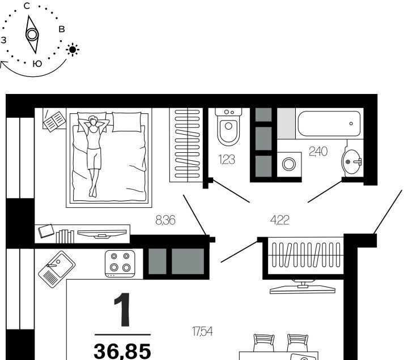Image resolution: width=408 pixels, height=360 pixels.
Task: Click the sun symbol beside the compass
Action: click(x=73, y=50)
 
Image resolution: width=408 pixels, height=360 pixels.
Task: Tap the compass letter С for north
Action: click(x=27, y=6)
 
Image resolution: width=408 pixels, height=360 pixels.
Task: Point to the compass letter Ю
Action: click(x=37, y=64)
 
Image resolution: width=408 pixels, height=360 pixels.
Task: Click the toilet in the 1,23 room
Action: click(x=228, y=127)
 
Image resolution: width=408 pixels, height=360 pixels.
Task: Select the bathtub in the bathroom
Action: click(x=329, y=123)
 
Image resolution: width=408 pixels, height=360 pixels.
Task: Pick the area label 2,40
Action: click(x=318, y=152)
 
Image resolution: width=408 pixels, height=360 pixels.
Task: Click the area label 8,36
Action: click(x=165, y=220)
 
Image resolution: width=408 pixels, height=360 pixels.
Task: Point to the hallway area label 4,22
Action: click(x=280, y=220)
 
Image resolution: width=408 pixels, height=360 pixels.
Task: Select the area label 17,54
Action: click(x=202, y=331)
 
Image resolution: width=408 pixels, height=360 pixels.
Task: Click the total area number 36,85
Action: click(x=122, y=351)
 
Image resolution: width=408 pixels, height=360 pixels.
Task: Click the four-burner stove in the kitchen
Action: click(x=120, y=264)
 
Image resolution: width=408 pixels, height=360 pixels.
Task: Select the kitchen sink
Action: click(x=57, y=269)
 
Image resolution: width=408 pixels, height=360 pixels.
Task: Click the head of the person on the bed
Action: click(x=92, y=121)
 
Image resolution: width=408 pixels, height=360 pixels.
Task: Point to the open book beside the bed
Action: click(x=54, y=121)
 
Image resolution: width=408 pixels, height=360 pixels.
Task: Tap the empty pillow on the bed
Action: click(x=127, y=122)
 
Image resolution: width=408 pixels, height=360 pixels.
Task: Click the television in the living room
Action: click(x=303, y=287)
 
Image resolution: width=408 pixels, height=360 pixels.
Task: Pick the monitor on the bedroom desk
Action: click(x=102, y=233)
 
